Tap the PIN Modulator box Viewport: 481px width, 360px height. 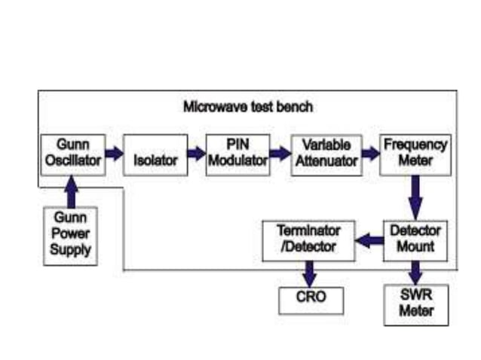coord(237,154)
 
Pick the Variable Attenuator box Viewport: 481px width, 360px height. coord(326,154)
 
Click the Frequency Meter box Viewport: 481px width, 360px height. coord(414,154)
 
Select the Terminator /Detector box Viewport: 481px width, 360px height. coord(308,239)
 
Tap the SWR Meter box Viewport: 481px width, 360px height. coord(415,304)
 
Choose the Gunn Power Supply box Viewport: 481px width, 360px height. coord(70,236)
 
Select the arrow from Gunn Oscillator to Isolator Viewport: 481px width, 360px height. coord(113,154)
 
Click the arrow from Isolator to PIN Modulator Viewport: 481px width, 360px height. coord(196,154)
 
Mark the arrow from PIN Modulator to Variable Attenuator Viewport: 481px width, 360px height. coord(280,154)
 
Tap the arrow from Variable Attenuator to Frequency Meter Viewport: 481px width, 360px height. coord(370,154)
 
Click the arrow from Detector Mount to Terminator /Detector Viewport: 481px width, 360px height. coord(369,241)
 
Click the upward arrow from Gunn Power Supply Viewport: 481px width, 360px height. coord(71,192)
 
